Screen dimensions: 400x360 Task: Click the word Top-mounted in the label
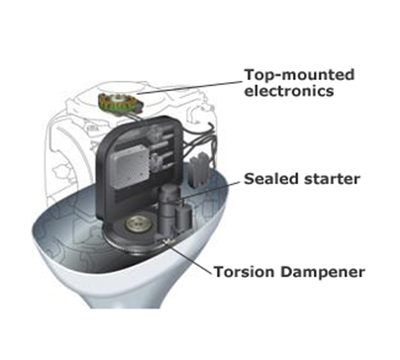[299, 75]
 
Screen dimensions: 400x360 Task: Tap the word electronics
[289, 91]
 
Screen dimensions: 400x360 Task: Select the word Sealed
[268, 179]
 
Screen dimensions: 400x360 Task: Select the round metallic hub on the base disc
[135, 225]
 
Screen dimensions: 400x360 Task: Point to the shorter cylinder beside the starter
[183, 219]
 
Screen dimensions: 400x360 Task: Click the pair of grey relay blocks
[198, 171]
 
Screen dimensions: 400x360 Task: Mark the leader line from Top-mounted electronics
[190, 87]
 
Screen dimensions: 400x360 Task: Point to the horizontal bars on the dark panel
[165, 145]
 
